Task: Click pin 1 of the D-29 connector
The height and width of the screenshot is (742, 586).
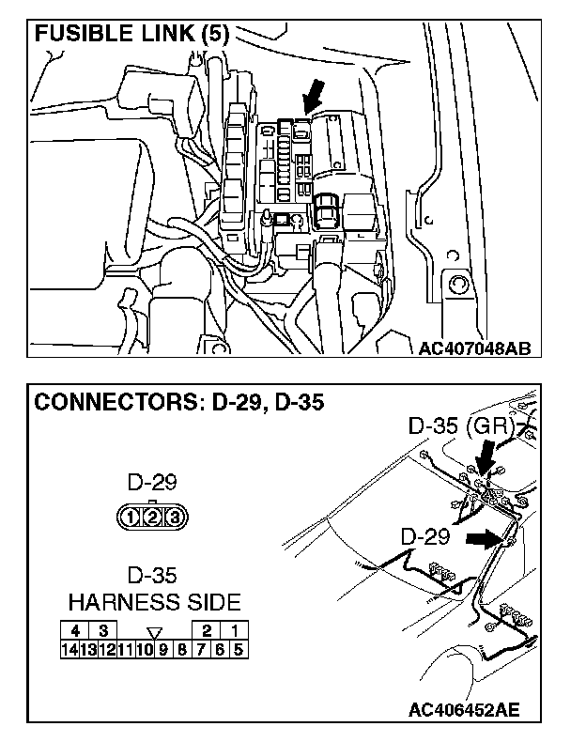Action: (132, 515)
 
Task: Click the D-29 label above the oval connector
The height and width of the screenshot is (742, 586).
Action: (150, 484)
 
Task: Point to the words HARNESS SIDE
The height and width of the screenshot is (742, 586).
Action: (154, 601)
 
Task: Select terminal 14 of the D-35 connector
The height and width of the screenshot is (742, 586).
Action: (69, 646)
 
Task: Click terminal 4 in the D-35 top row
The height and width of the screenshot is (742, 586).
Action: (74, 629)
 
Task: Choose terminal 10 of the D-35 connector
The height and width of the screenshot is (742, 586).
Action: (145, 646)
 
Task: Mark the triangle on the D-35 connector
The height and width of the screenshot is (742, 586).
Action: (154, 630)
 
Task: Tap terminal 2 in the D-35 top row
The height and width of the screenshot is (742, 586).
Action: (206, 629)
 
